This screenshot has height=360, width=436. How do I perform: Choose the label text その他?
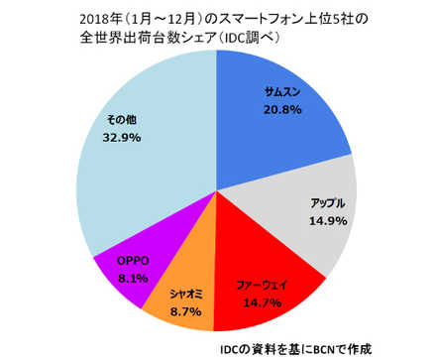click(122, 123)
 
